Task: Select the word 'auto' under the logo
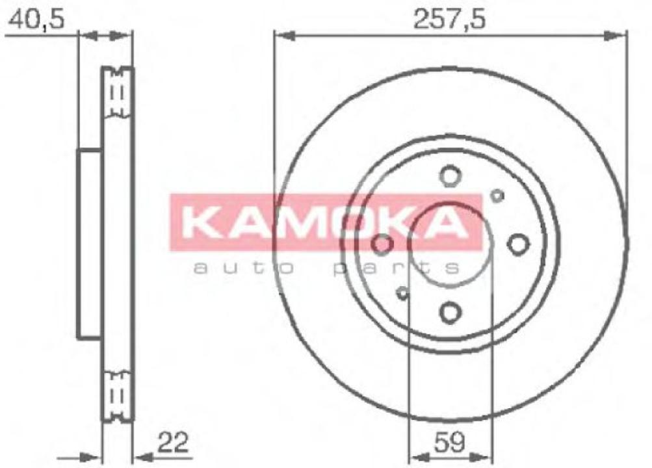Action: (x=239, y=266)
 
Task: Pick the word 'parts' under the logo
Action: (x=397, y=266)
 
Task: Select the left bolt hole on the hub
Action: (x=382, y=244)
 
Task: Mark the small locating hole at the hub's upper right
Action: (x=497, y=195)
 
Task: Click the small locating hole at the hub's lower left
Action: (x=402, y=292)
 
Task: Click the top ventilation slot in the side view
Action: (x=118, y=93)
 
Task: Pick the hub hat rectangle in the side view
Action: (x=90, y=244)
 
